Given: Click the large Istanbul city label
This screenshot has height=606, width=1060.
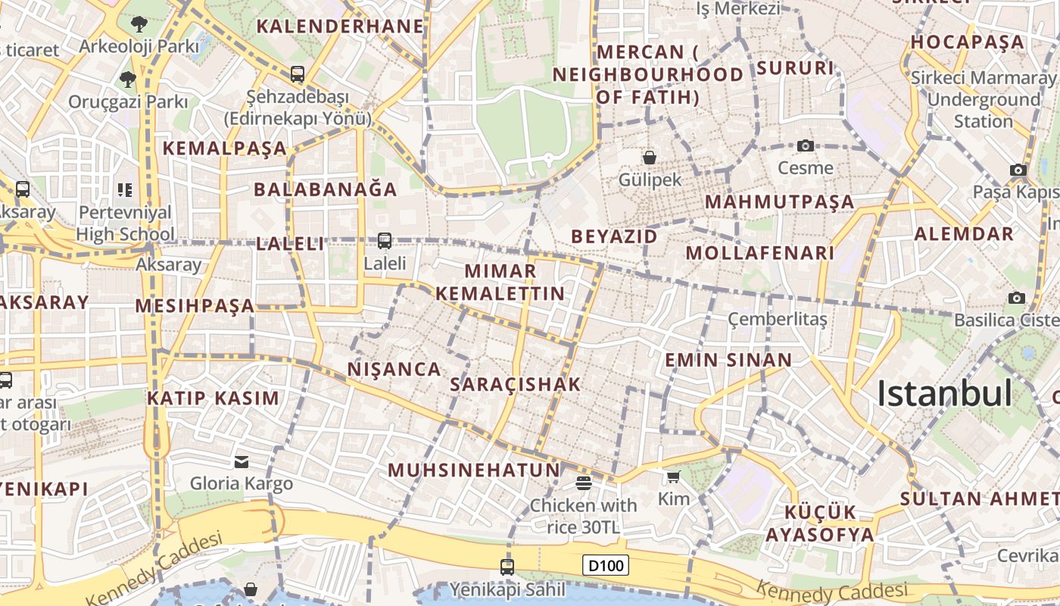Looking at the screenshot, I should tap(944, 394).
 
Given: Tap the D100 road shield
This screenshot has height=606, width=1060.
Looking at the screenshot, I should tap(606, 565).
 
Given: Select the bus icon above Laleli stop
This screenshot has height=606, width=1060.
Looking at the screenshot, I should tap(385, 241).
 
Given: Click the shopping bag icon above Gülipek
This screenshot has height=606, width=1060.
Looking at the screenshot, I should tap(649, 158).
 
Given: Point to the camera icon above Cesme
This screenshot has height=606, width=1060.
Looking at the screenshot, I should tap(806, 145).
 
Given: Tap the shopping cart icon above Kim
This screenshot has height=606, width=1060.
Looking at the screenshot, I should tap(673, 476).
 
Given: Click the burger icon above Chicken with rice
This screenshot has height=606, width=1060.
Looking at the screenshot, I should tap(583, 483).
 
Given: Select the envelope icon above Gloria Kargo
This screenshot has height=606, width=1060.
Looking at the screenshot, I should tap(242, 461).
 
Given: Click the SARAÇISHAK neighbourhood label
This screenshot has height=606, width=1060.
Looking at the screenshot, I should tap(516, 384).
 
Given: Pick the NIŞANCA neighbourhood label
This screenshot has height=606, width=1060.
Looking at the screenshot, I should tap(394, 369).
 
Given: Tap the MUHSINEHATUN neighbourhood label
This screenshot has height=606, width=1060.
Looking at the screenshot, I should tap(474, 470).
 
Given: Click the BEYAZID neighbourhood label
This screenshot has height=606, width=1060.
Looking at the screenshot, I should tap(614, 236).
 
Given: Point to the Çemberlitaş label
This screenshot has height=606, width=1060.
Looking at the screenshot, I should tap(778, 319).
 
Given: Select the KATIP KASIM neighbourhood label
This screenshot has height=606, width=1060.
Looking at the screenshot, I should tap(213, 398).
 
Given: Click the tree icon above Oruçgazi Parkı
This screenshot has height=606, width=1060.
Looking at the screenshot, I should tap(127, 79).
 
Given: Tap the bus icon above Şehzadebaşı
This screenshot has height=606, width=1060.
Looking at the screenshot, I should tap(298, 74).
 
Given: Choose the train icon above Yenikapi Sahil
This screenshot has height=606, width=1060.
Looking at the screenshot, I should tap(507, 567).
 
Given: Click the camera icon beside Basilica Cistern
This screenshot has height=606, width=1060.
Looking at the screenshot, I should tap(1017, 298).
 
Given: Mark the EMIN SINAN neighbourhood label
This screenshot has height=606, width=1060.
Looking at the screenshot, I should tap(728, 360).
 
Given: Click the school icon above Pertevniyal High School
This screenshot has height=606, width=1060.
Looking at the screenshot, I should tap(125, 189).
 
